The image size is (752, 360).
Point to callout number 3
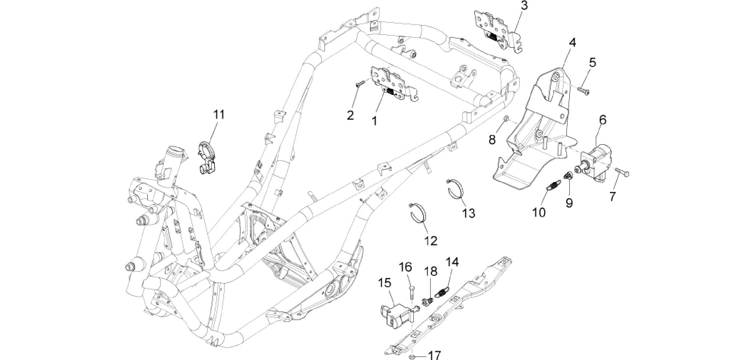524,6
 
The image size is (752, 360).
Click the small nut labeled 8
506,118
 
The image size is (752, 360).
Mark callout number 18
430,271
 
